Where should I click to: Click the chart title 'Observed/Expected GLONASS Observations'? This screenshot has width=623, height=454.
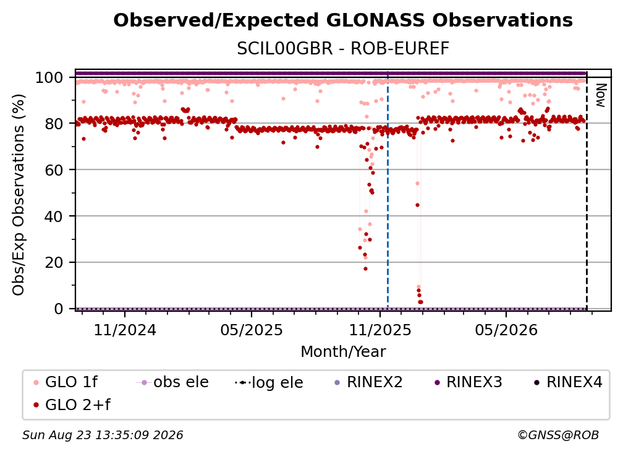[x=343, y=20]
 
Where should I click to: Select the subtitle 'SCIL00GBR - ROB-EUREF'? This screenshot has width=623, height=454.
[x=343, y=49]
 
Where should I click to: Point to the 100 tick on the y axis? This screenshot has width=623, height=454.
[x=54, y=77]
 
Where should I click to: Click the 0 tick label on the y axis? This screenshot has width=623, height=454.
[x=59, y=309]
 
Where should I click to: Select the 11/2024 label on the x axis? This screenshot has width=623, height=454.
[x=125, y=330]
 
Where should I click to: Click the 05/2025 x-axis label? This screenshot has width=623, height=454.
[x=252, y=330]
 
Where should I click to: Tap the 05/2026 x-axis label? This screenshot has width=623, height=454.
[x=506, y=330]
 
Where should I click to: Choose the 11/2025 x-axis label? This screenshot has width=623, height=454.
[x=380, y=330]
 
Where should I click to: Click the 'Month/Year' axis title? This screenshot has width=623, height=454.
[x=343, y=352]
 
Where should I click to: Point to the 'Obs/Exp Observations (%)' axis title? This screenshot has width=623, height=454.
[x=19, y=195]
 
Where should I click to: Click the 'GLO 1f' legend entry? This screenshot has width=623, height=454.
[x=66, y=382]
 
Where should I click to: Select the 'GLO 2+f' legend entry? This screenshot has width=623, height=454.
[x=72, y=405]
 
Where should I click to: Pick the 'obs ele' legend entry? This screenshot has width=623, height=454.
[x=172, y=382]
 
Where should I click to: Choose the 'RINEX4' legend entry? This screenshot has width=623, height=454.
[x=568, y=382]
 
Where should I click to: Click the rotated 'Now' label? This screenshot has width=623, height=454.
[x=600, y=95]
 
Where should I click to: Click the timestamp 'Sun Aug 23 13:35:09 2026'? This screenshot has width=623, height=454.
[x=103, y=435]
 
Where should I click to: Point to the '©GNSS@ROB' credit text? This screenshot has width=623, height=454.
[x=558, y=435]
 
